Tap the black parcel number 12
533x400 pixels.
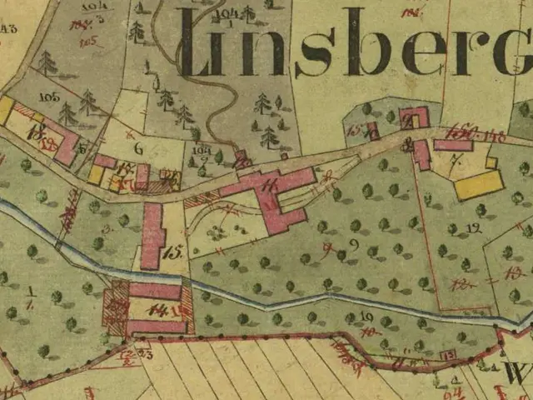475,227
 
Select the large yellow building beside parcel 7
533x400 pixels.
479,184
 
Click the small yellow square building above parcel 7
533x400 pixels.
491,162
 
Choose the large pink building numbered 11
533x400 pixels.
275,198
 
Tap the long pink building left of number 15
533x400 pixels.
152,236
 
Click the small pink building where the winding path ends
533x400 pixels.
242,158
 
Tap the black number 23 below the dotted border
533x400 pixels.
147,355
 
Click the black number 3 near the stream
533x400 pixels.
106,227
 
